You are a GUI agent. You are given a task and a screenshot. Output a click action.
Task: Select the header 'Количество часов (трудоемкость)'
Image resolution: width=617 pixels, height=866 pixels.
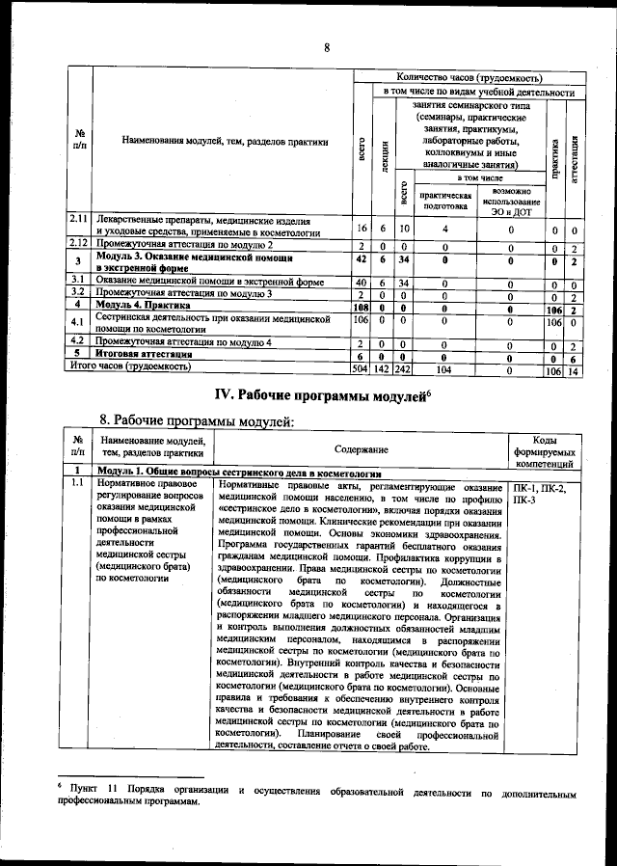tap(469, 77)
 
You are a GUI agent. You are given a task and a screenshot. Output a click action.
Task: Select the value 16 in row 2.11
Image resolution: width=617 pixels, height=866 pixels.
tap(362, 229)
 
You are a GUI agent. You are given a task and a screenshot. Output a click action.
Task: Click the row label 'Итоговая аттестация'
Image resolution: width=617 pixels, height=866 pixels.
tap(146, 355)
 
